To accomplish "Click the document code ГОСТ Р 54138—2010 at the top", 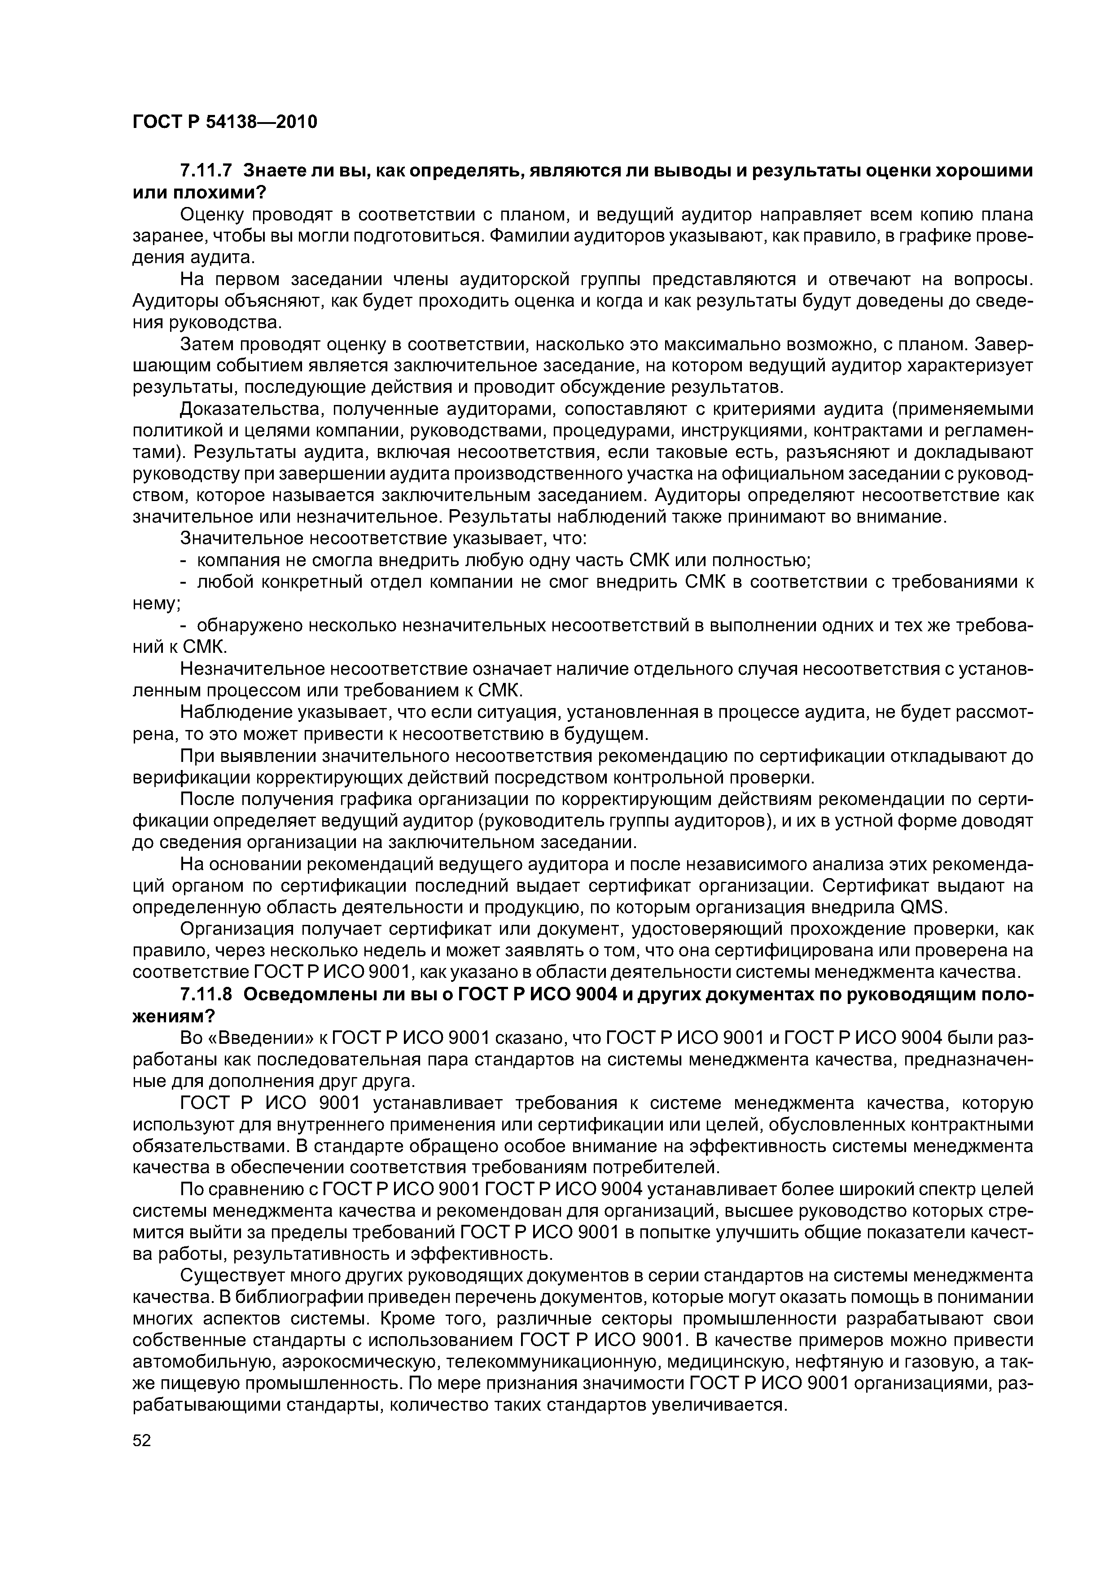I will [x=225, y=122].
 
